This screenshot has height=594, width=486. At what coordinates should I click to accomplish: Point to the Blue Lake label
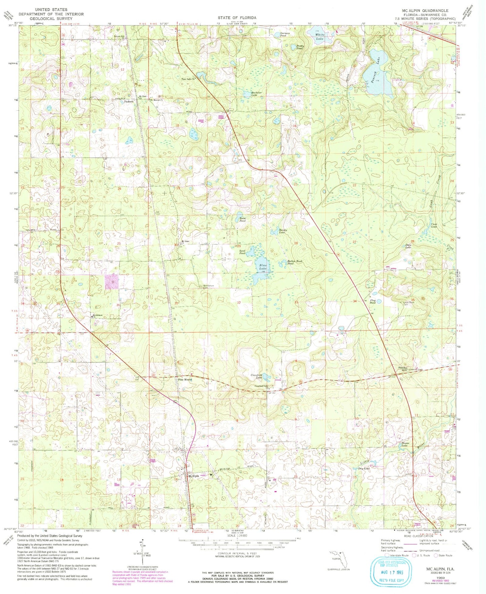click(263, 267)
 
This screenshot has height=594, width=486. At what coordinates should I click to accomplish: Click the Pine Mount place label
click(185, 380)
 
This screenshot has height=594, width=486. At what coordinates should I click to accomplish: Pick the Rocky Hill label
click(403, 369)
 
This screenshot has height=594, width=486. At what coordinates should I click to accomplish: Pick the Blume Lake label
click(405, 444)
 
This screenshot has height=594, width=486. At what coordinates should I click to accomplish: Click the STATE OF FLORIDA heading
click(237, 18)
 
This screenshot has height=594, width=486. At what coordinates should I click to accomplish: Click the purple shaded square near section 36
click(112, 282)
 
